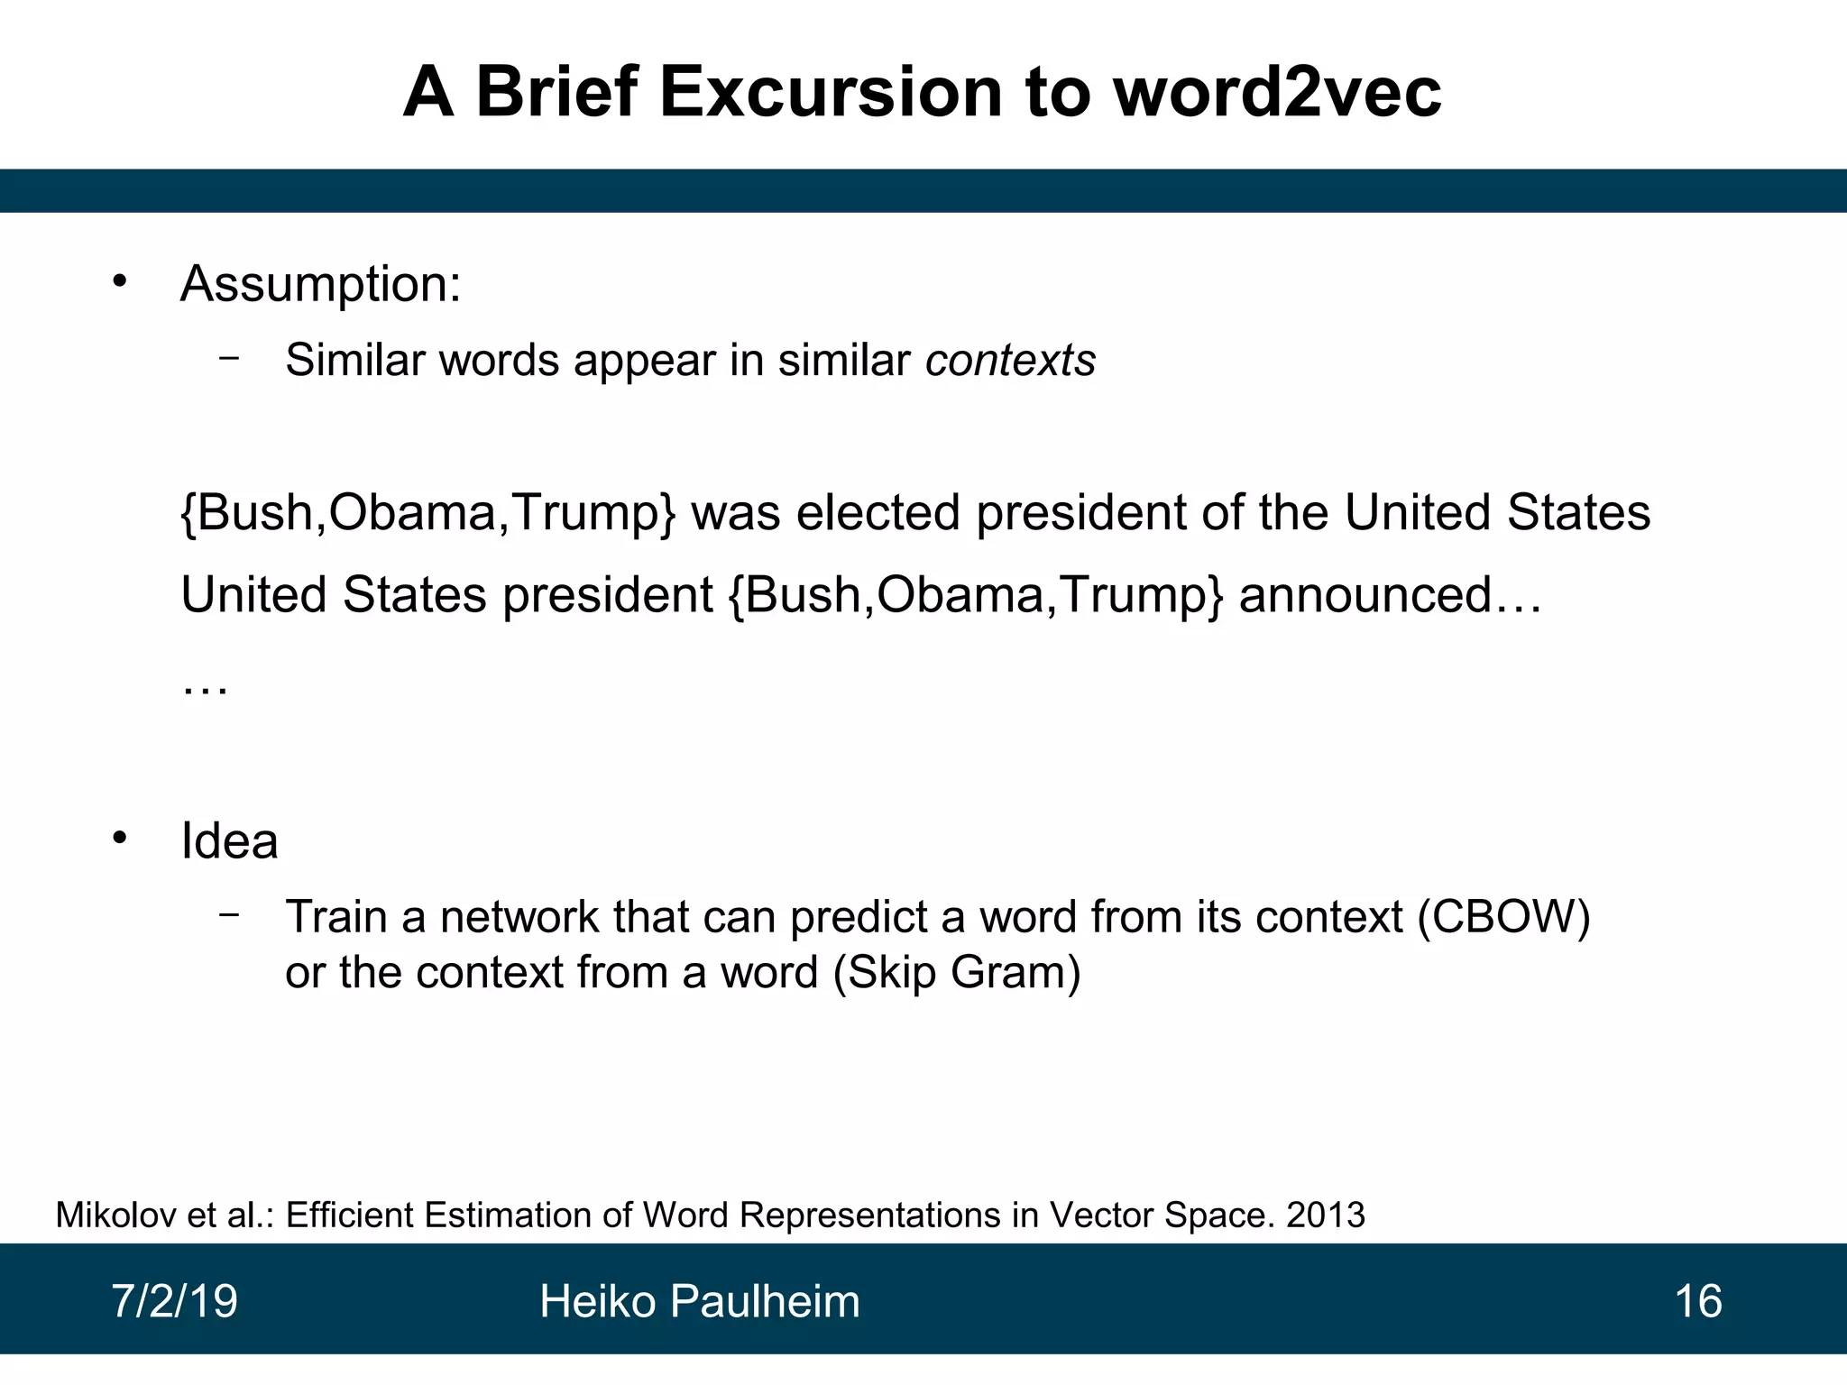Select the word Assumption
point(320,285)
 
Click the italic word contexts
point(1010,361)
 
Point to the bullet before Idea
point(120,839)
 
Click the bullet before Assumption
point(120,281)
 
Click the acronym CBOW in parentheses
point(1503,917)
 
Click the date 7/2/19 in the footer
point(174,1301)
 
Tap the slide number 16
point(1697,1301)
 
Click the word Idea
point(229,841)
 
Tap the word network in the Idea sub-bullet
point(519,917)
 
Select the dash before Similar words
point(229,358)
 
